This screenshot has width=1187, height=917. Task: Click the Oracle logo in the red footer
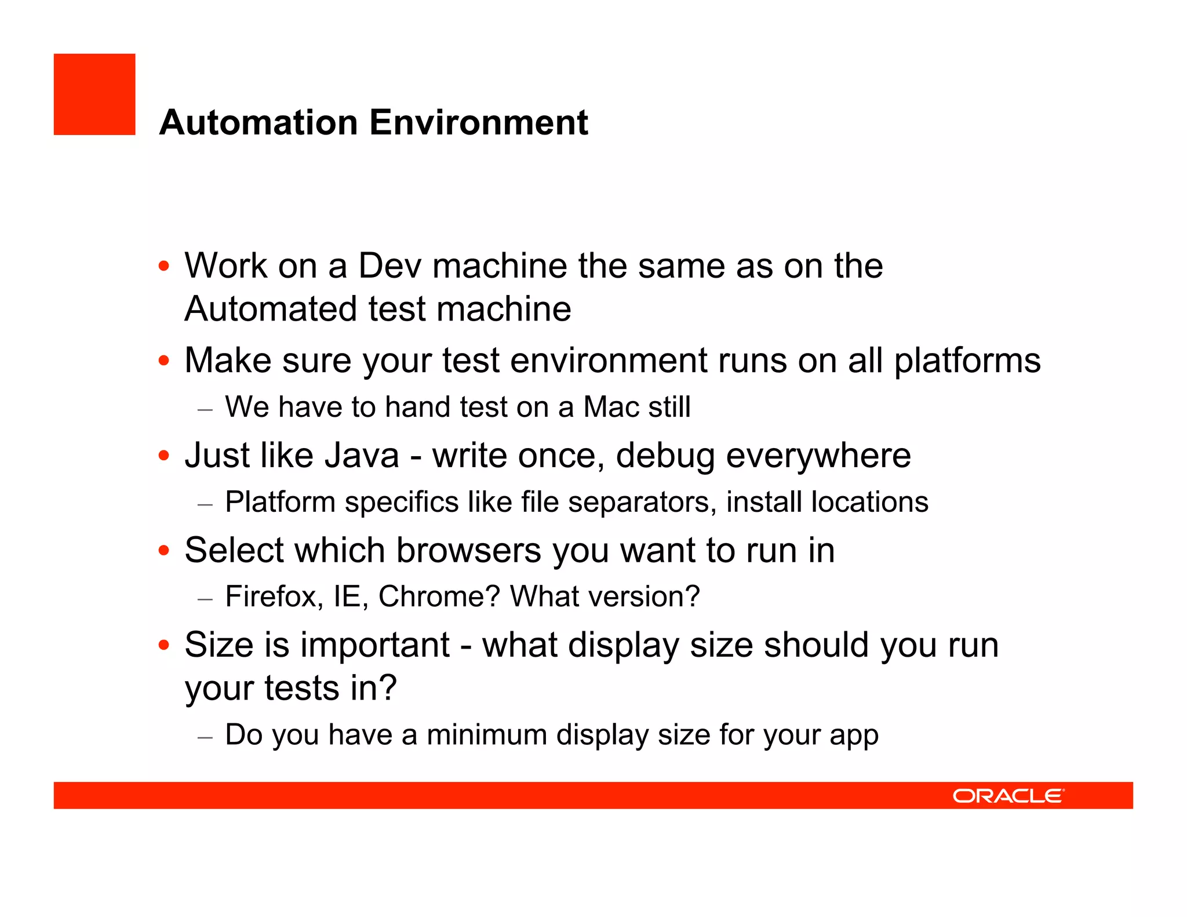[1008, 796]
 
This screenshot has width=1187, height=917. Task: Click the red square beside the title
[94, 94]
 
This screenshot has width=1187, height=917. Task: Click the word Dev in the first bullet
[389, 266]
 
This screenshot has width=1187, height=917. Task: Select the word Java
[362, 456]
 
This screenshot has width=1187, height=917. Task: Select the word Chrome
[438, 596]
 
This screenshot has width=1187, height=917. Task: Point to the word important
[374, 645]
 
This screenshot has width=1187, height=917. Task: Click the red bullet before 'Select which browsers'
[164, 550]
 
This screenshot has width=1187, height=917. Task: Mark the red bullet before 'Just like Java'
[164, 456]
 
